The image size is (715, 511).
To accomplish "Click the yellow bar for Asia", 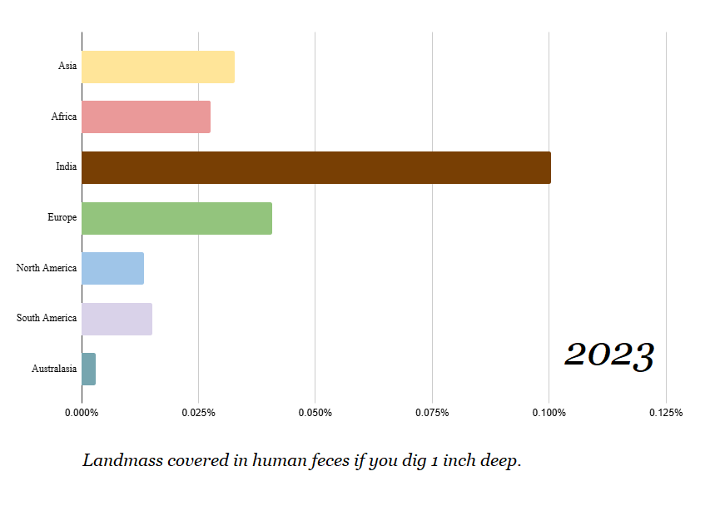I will tap(158, 67).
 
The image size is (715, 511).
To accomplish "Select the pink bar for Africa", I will tap(146, 117).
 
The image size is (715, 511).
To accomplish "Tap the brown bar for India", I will tap(316, 167).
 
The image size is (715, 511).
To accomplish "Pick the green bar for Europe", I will tap(177, 217).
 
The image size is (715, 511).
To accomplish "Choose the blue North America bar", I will tap(113, 268).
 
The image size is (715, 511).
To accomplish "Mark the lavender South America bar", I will tap(117, 319).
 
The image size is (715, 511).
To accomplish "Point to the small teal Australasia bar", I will tap(89, 369).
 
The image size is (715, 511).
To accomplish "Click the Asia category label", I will tap(67, 67).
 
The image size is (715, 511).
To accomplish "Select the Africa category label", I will tap(64, 117).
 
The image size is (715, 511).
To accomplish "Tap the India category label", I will tap(67, 167).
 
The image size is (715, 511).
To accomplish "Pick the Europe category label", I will tap(62, 217).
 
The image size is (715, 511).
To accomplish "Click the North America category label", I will tap(47, 268).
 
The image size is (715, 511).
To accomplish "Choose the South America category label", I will tap(47, 318).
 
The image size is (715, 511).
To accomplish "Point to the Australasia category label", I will tap(54, 369).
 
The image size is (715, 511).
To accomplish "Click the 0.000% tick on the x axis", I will tap(82, 413).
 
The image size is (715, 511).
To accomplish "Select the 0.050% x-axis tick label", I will tap(315, 413).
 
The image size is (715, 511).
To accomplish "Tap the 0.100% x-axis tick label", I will tap(549, 413).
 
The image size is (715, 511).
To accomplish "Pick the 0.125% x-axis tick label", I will tap(666, 413).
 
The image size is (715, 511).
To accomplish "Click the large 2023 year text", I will tap(609, 356).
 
